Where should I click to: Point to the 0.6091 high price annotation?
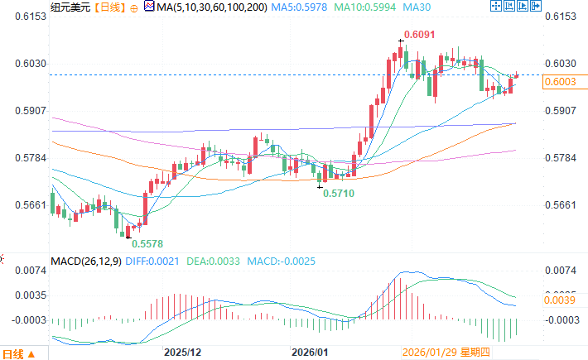click(417, 36)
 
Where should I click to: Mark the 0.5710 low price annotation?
click(340, 192)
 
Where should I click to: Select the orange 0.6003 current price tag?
click(564, 80)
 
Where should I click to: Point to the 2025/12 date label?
click(184, 352)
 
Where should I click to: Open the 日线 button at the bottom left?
click(19, 353)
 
